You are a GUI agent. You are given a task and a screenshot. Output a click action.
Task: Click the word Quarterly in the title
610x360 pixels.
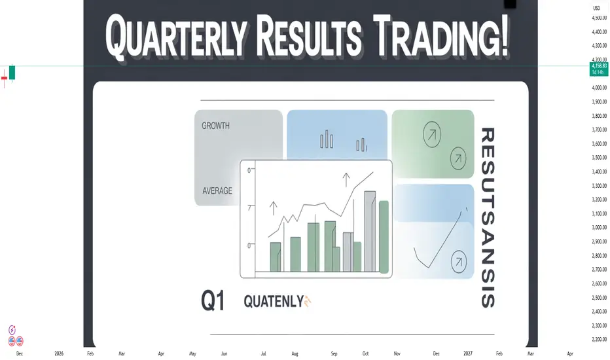pyautogui.click(x=177, y=37)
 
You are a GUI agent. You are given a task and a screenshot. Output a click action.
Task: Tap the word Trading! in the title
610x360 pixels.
pyautogui.click(x=441, y=36)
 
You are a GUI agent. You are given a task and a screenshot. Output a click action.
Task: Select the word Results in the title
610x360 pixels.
pyautogui.click(x=309, y=36)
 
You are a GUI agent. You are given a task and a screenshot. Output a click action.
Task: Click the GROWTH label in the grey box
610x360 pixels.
pyautogui.click(x=215, y=126)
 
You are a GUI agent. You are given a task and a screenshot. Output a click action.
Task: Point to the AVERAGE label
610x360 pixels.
pyautogui.click(x=217, y=190)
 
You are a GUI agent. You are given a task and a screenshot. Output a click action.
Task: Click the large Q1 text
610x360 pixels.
pyautogui.click(x=213, y=301)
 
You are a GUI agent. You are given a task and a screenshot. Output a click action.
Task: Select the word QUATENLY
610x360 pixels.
pyautogui.click(x=274, y=301)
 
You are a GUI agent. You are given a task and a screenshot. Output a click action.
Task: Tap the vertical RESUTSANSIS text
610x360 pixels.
pyautogui.click(x=488, y=217)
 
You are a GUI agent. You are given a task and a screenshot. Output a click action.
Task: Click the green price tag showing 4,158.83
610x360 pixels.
pyautogui.click(x=599, y=69)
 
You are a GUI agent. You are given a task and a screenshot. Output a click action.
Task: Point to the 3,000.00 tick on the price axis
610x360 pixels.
pyautogui.click(x=599, y=227)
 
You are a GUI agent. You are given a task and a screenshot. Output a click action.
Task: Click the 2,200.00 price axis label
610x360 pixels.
pyautogui.click(x=599, y=339)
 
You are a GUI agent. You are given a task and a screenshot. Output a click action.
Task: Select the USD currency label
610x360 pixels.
pyautogui.click(x=596, y=8)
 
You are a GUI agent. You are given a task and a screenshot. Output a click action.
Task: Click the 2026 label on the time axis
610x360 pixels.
pyautogui.click(x=59, y=353)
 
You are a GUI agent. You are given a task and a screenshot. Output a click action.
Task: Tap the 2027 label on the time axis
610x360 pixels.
pyautogui.click(x=467, y=353)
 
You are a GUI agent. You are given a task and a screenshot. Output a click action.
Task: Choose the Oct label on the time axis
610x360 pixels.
pyautogui.click(x=365, y=353)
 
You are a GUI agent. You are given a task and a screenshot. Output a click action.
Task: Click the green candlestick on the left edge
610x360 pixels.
pyautogui.click(x=12, y=73)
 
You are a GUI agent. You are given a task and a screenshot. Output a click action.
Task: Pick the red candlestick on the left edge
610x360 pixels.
pyautogui.click(x=5, y=79)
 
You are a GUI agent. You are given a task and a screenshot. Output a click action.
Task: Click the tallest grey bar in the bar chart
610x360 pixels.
pyautogui.click(x=370, y=231)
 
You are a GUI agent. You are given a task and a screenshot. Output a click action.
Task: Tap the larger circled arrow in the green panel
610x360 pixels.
pyautogui.click(x=432, y=134)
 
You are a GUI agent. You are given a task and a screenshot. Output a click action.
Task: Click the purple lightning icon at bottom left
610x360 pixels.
pyautogui.click(x=12, y=330)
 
